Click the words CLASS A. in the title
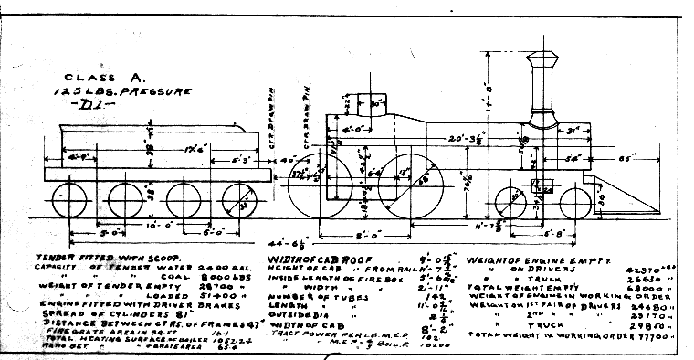(x=91, y=79)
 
